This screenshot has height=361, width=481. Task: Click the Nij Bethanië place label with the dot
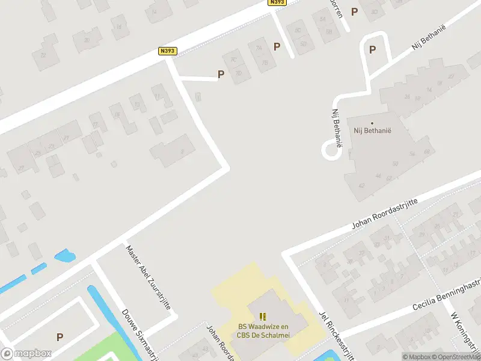[x=372, y=129]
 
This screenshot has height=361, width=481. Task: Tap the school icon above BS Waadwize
[x=262, y=316]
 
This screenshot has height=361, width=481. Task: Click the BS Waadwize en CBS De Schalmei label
[x=262, y=330]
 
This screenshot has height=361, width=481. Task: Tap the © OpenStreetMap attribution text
[x=456, y=357]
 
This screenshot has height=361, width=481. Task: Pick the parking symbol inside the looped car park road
[x=373, y=50]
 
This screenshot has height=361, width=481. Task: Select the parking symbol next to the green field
[x=60, y=338]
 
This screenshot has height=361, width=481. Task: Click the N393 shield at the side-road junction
[x=168, y=51]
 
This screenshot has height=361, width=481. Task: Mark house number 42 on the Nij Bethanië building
[x=362, y=185]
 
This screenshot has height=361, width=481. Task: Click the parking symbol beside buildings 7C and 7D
[x=221, y=75]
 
